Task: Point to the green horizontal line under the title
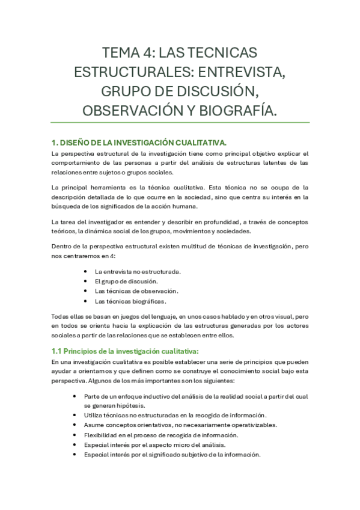coord(180,122)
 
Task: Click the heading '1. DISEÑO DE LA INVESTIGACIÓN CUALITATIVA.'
coord(139,143)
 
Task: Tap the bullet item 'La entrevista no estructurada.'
coord(138,271)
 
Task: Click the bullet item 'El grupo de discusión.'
coord(126,281)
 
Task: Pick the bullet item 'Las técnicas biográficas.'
coord(130,301)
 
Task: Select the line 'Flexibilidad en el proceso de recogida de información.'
coord(161,435)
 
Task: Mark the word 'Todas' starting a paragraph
coord(62,316)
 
